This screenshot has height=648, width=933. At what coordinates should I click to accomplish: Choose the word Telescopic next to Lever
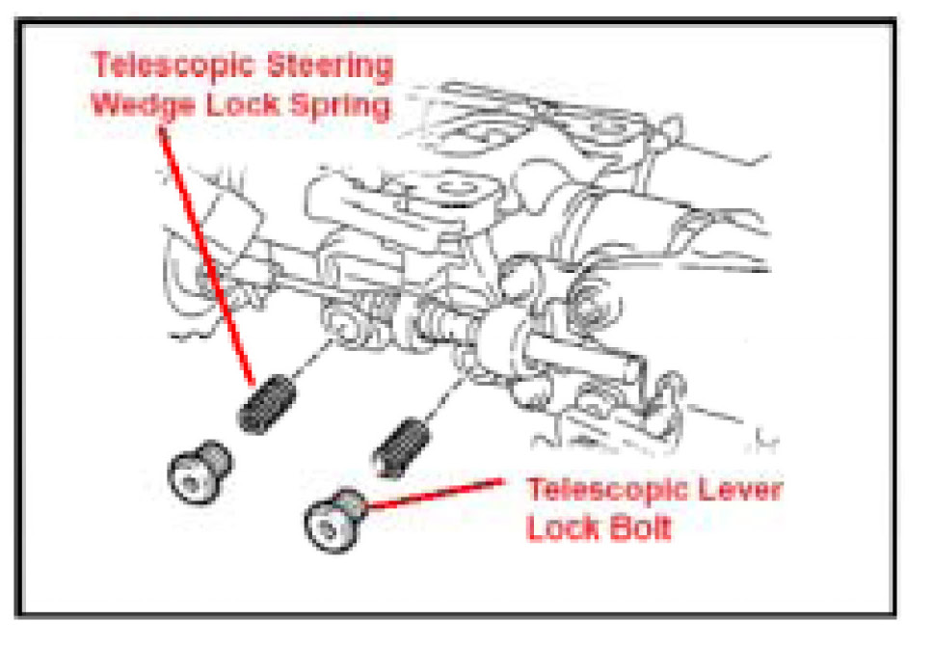tap(606, 489)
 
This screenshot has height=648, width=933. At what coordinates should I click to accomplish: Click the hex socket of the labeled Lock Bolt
tap(326, 528)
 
